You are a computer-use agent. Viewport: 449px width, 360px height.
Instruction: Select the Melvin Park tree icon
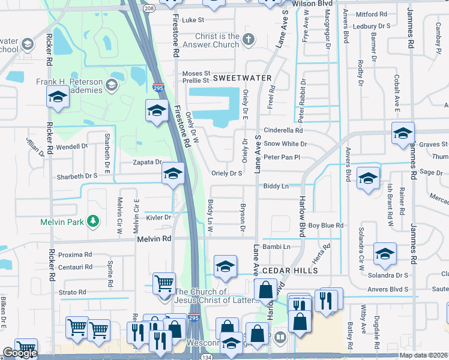point(93,221)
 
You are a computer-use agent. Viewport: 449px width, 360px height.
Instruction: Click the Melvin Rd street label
point(154,238)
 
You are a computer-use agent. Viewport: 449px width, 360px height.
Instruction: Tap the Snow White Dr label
point(285,144)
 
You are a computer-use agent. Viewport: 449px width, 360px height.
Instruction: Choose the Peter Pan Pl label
point(281,157)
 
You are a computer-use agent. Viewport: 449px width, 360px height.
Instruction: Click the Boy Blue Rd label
point(325,226)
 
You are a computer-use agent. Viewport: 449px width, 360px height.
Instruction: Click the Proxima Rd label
point(76,254)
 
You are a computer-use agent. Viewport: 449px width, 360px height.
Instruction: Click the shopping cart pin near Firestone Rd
point(164,283)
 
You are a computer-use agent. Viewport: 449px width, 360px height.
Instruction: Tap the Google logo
point(20,353)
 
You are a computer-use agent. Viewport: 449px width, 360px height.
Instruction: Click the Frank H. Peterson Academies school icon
point(111,85)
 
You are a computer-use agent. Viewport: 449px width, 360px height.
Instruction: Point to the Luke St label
point(193,20)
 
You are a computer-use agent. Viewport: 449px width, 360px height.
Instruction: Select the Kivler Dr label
point(158,217)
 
